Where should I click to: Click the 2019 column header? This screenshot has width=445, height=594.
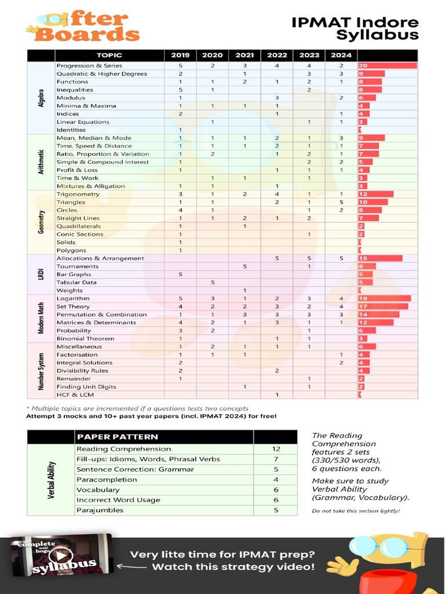coord(180,56)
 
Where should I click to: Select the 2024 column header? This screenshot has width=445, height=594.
coord(341,56)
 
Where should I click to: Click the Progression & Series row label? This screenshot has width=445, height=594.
coord(89,66)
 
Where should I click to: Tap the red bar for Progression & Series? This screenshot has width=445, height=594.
coord(388,66)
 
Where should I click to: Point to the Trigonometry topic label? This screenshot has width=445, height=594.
coord(78,194)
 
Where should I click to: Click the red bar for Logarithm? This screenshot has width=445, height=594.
coord(385,298)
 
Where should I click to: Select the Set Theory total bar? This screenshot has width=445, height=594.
coord(383,306)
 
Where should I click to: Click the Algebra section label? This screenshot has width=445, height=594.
coord(41,97)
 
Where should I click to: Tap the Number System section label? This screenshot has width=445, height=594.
coord(41,370)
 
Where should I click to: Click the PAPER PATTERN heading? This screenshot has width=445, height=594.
coord(117,437)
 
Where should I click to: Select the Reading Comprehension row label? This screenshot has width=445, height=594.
coord(123,448)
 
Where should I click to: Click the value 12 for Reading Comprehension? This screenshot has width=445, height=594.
coord(276,448)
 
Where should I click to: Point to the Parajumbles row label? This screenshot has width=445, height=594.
coord(100,510)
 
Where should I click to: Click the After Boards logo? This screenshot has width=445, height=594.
coord(83,27)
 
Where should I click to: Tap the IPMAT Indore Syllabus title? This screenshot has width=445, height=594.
coord(355,29)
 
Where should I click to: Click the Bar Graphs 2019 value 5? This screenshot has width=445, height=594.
coord(180,274)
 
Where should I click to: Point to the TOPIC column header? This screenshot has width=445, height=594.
coord(110,56)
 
